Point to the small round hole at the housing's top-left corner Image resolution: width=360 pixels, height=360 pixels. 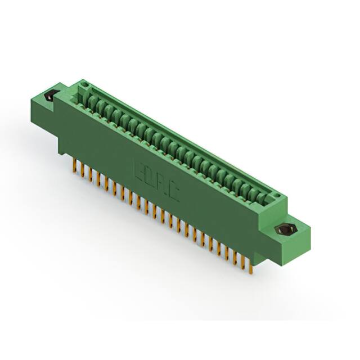click(84, 86)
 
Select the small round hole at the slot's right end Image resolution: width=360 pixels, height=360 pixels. click(275, 195)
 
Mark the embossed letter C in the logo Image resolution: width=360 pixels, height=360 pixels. click(174, 195)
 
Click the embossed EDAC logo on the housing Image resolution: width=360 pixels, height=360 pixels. click(156, 183)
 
